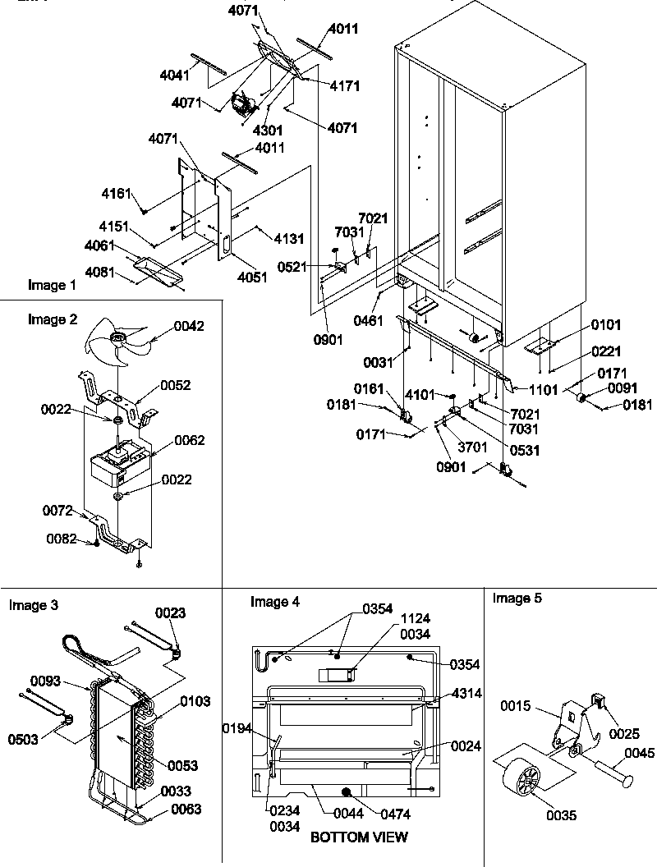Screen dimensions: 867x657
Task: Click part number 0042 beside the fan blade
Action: point(189,327)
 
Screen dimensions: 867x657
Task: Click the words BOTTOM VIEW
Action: point(358,837)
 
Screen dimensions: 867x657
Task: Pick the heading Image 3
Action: point(33,606)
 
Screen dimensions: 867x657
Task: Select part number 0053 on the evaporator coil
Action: point(182,766)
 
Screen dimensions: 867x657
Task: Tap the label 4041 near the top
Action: point(175,75)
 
